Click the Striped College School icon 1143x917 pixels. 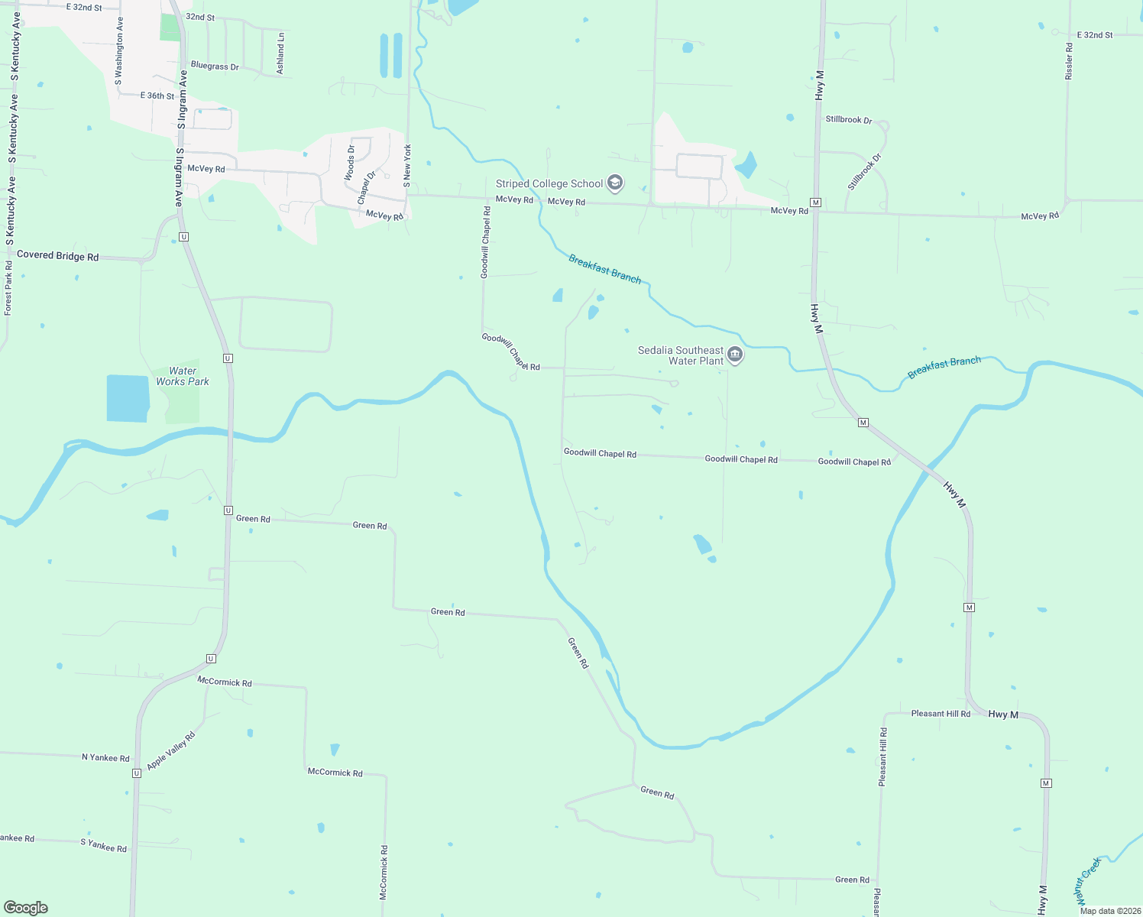(615, 183)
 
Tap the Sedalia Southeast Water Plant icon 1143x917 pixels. (735, 354)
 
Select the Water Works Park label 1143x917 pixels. (183, 376)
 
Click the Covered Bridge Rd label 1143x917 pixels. (57, 255)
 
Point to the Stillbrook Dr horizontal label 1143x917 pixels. (848, 119)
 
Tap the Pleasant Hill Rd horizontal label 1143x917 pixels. (941, 714)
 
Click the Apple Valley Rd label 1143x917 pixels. (171, 750)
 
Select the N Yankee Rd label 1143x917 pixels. (105, 757)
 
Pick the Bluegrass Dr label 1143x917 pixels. (215, 66)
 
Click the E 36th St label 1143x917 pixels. (157, 96)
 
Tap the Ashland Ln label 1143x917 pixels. (280, 53)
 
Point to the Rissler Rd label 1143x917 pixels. (1069, 61)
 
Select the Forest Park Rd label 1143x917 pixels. (8, 288)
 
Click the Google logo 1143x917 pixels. (26, 907)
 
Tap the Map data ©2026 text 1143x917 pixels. (1109, 911)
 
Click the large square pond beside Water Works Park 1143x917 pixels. (128, 398)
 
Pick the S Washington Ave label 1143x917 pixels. (118, 51)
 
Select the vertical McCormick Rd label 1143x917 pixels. (384, 871)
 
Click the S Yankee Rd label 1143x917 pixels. (103, 846)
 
